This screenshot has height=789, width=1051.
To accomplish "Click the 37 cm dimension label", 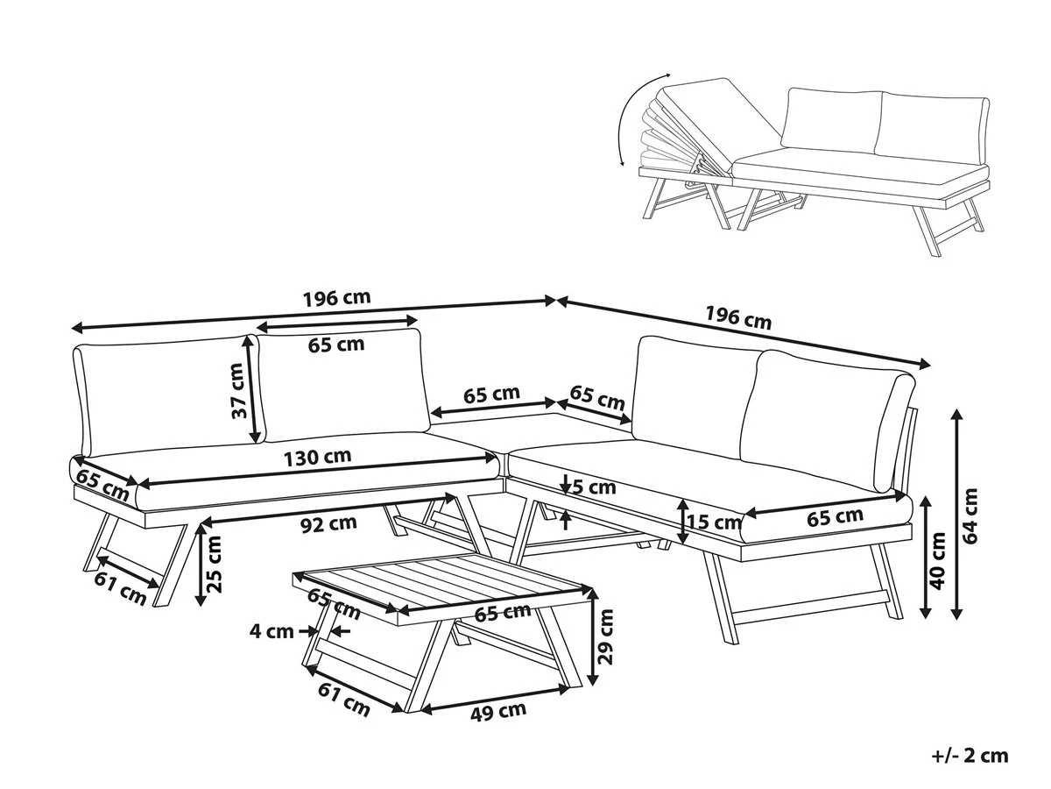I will tap(236, 391).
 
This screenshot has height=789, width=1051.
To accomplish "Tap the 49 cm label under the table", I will tap(497, 711).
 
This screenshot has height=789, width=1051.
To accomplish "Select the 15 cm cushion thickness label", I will tap(715, 523).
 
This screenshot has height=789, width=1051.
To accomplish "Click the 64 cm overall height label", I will tap(970, 515).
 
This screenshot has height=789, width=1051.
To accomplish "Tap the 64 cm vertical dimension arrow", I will tap(956, 515).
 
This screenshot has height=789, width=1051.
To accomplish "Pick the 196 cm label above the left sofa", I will tap(336, 297).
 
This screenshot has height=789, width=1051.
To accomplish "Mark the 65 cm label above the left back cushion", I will tap(336, 345).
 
